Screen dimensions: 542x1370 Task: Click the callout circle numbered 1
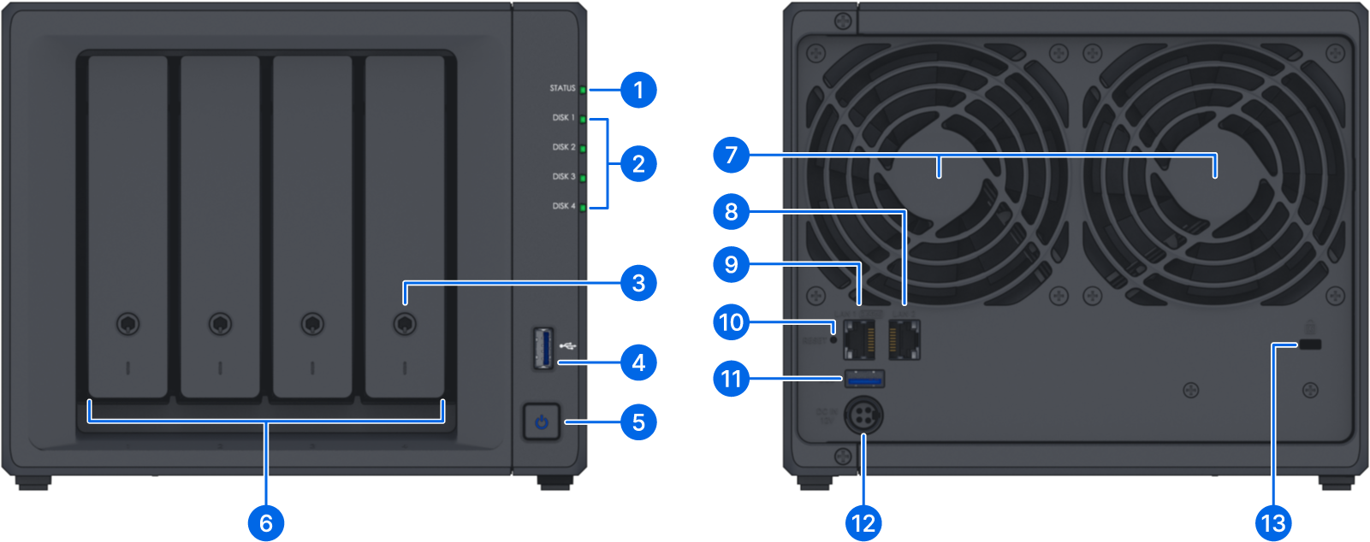pyautogui.click(x=638, y=90)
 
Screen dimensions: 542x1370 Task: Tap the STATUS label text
pyautogui.click(x=562, y=88)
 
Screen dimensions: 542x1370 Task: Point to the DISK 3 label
pyautogui.click(x=563, y=176)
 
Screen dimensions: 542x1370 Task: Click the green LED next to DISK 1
pyautogui.click(x=584, y=119)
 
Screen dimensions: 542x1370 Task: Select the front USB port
pyautogui.click(x=543, y=347)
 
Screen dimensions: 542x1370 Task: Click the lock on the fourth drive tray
pyautogui.click(x=404, y=324)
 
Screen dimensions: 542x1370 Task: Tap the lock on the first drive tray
pyautogui.click(x=128, y=324)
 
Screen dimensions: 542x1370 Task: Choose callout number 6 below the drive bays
pyautogui.click(x=266, y=523)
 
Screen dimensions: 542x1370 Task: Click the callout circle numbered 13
pyautogui.click(x=1273, y=523)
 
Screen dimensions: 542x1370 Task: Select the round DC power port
pyautogui.click(x=863, y=417)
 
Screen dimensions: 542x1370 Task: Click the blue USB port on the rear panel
pyautogui.click(x=864, y=378)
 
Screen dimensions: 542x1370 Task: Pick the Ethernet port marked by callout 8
pyautogui.click(x=904, y=341)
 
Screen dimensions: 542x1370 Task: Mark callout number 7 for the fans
pyautogui.click(x=731, y=155)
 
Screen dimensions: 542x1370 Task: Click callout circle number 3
pyautogui.click(x=638, y=283)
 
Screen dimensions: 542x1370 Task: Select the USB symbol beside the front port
pyautogui.click(x=568, y=346)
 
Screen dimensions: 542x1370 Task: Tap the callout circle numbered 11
pyautogui.click(x=731, y=378)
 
